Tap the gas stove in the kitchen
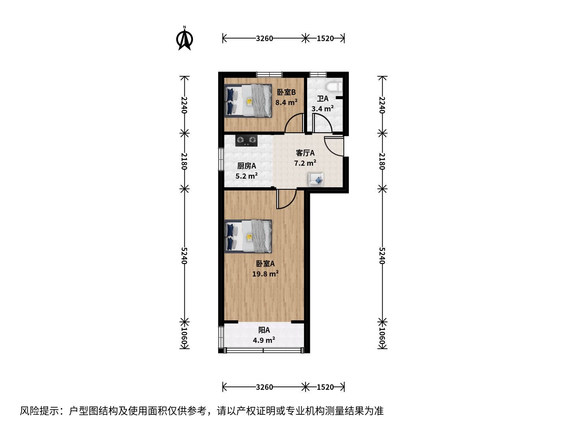[246, 140]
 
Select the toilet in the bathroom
[334, 87]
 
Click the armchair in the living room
[316, 179]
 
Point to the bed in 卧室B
[248, 101]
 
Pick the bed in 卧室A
[248, 237]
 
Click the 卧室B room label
[286, 92]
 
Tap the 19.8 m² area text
[265, 273]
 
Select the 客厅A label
[305, 153]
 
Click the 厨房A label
[246, 166]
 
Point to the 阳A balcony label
[264, 330]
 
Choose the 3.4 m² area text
[322, 109]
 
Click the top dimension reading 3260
[264, 39]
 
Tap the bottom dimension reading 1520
[325, 387]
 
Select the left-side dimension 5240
[184, 256]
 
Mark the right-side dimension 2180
[383, 161]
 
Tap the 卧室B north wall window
[269, 74]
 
